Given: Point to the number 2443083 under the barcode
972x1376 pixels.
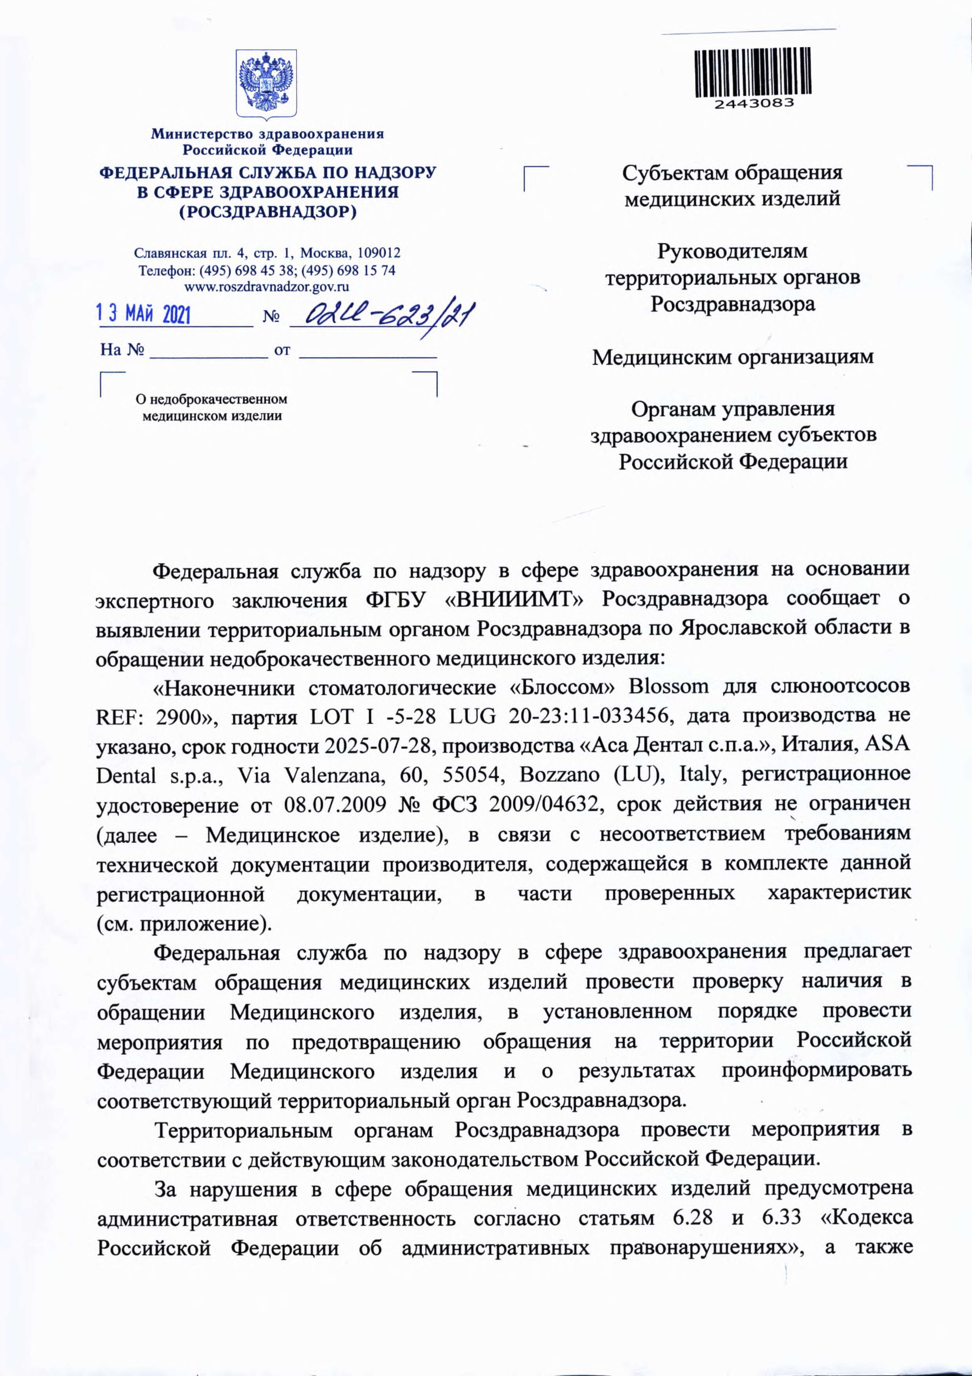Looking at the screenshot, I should (x=753, y=103).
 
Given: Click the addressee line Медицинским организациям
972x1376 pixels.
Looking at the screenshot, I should (x=732, y=357).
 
